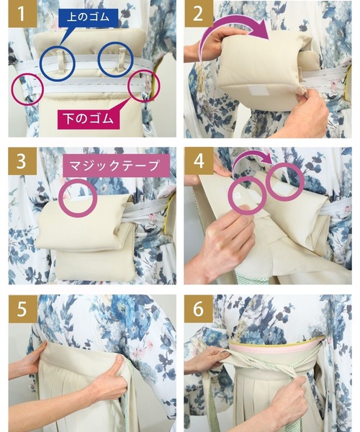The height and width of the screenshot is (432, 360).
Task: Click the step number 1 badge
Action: point(22,14)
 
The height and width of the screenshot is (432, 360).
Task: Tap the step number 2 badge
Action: point(198,14)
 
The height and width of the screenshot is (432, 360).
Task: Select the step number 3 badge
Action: point(22,161)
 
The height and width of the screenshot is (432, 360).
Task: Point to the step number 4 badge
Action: point(198,161)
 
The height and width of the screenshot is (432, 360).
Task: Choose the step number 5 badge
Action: point(22,309)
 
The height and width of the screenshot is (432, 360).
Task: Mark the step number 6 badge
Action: point(198,309)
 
